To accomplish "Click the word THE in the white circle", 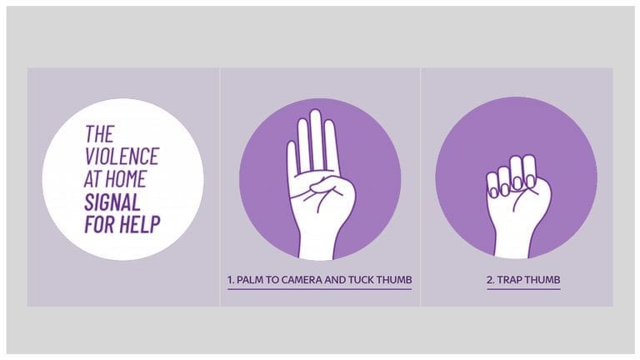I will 99,133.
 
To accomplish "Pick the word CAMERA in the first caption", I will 302,281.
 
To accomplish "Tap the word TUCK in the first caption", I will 360,281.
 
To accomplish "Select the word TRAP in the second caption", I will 512,281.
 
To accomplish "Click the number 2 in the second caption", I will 490,281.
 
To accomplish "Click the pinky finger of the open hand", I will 292,162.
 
